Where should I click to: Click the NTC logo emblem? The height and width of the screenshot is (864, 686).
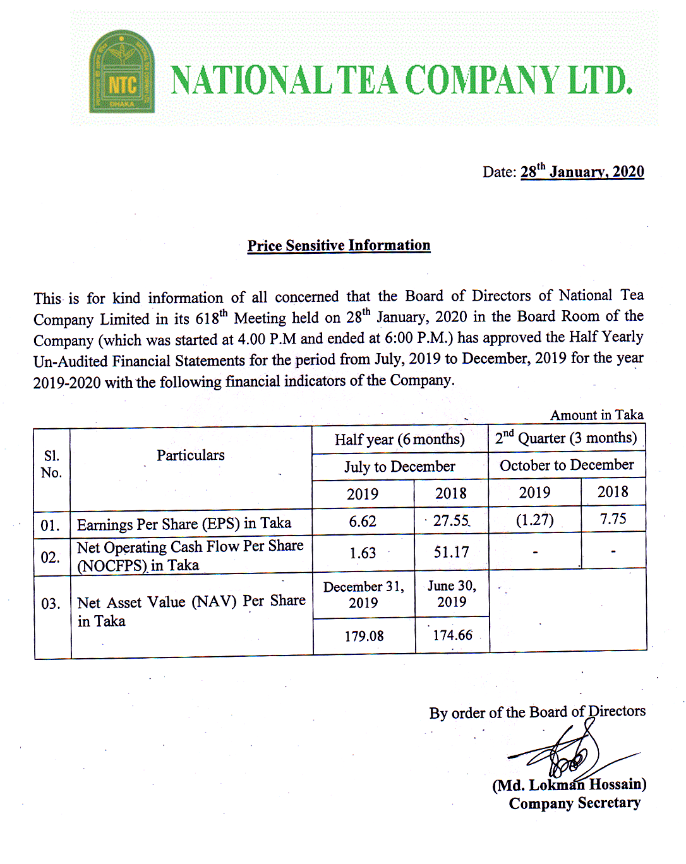(122, 72)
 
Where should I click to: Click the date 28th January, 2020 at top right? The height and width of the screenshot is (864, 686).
(582, 172)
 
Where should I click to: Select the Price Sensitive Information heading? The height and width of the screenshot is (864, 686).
(339, 246)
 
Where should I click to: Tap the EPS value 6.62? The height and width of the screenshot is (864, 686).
(363, 522)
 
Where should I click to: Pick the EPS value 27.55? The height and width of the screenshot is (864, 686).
(451, 521)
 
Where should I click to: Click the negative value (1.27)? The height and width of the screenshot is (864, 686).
(534, 520)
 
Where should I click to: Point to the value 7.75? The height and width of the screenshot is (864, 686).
(613, 519)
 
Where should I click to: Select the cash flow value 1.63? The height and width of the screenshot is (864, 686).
(363, 553)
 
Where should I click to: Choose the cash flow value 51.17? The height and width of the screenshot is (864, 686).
(451, 553)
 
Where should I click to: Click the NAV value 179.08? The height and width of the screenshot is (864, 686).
(364, 636)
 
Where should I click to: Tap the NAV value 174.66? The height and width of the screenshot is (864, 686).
(452, 635)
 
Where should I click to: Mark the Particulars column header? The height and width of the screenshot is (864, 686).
(191, 455)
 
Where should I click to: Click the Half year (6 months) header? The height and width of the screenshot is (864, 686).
(399, 440)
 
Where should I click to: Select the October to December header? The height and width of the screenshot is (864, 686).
(567, 465)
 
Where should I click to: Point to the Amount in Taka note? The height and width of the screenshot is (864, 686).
(596, 415)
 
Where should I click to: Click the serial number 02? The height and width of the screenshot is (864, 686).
(50, 558)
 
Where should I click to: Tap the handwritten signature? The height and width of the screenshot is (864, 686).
(569, 755)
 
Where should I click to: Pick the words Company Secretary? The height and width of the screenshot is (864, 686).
(574, 803)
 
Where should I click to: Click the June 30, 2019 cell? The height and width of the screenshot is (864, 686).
(452, 594)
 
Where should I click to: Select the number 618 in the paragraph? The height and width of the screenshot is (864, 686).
(208, 318)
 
